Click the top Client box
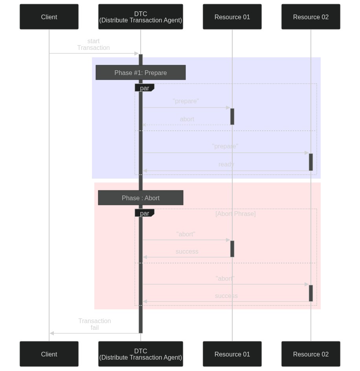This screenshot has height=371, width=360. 49,16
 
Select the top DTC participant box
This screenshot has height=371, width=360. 140,16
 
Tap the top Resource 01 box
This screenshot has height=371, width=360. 232,16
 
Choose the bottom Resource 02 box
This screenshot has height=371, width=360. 311,354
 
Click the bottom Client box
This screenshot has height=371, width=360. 49,354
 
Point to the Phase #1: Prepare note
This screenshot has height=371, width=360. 140,72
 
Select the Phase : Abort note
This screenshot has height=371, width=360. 140,197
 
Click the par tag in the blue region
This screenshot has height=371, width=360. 145,88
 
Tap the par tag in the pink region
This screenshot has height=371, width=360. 145,213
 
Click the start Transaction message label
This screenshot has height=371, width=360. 94,44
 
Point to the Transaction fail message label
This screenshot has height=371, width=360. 94,324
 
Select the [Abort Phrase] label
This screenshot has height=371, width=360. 235,214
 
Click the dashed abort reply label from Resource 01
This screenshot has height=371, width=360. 187,119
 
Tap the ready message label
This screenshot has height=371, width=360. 226,164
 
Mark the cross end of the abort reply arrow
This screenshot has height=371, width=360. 144,125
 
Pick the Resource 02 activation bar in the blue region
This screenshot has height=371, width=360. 311,162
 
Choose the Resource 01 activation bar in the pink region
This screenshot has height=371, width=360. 232,249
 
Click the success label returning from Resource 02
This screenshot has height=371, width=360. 226,296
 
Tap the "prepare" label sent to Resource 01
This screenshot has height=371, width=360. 186,101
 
